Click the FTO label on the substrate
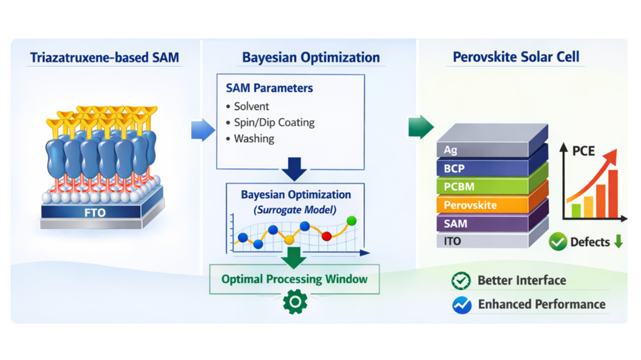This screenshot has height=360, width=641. tap(95, 212)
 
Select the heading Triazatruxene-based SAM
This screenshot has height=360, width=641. tap(104, 58)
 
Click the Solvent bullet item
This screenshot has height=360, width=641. tap(251, 106)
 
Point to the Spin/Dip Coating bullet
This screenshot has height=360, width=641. tap(274, 122)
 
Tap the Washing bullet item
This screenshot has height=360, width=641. tap(253, 138)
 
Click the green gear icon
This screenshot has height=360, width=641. tap(295, 302)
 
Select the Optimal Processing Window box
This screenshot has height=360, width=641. tap(294, 279)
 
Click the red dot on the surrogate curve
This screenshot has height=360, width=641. tap(327, 236)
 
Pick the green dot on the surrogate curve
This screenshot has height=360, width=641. tap(352, 221)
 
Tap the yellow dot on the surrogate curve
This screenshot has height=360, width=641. tap(289, 239)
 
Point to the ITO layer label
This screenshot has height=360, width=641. tap(452, 241)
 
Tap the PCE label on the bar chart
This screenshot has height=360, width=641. tap(583, 151)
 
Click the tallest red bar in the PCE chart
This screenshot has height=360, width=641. tap(613, 194)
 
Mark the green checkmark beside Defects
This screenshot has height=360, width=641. tap(558, 242)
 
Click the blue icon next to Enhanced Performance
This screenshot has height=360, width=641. tap(462, 305)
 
